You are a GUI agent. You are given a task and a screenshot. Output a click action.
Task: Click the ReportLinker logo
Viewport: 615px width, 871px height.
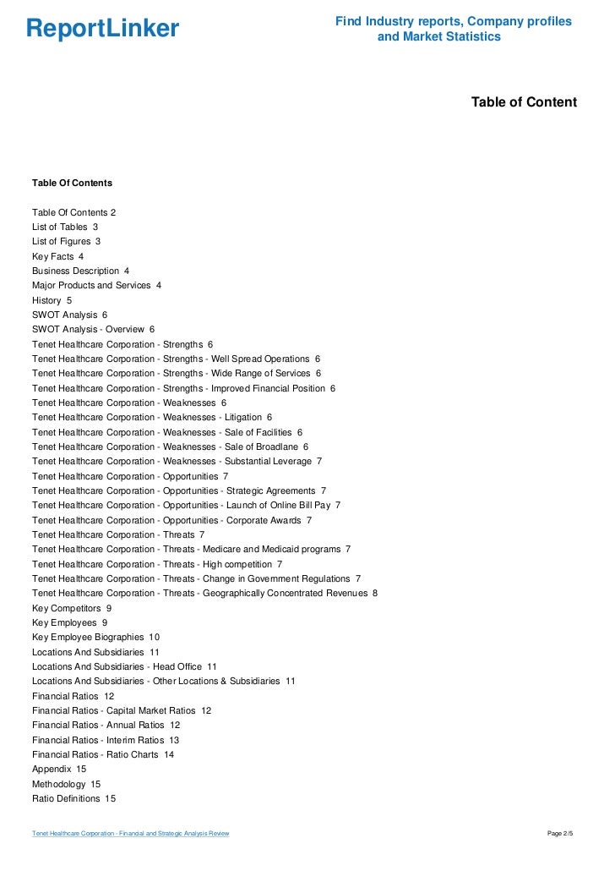pyautogui.click(x=102, y=29)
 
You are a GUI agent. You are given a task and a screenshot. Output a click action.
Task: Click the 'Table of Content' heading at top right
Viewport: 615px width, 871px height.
pyautogui.click(x=524, y=102)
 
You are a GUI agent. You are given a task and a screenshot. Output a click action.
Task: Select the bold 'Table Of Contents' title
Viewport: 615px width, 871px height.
pyautogui.click(x=72, y=183)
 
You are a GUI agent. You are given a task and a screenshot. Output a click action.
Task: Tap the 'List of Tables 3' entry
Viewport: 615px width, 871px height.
pyautogui.click(x=65, y=227)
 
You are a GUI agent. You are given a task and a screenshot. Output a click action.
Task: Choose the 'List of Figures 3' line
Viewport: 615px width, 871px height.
pyautogui.click(x=67, y=241)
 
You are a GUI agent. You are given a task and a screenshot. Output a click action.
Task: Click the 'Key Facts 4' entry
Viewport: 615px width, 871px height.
pyautogui.click(x=57, y=256)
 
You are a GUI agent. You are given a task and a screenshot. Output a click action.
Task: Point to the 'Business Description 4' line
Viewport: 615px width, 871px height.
pyautogui.click(x=80, y=271)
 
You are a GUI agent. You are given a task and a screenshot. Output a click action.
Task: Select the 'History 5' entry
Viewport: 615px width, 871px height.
pyautogui.click(x=52, y=300)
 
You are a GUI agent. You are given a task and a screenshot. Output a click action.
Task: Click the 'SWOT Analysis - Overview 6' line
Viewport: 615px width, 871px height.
pyautogui.click(x=93, y=329)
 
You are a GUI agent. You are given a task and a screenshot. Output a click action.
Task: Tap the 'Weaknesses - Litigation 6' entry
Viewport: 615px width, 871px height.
pyautogui.click(x=152, y=417)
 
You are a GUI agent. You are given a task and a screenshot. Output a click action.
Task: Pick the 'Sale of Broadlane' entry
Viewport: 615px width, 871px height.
pyautogui.click(x=170, y=446)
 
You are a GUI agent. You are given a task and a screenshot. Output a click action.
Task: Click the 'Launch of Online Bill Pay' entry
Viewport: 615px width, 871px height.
pyautogui.click(x=186, y=505)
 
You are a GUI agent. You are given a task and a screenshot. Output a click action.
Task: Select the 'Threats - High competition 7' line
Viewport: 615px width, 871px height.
pyautogui.click(x=157, y=564)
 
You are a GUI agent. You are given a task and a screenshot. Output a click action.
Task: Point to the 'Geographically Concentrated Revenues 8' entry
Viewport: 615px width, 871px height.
pyautogui.click(x=204, y=593)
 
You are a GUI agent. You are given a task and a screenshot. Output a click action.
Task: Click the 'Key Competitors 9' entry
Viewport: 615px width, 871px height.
pyautogui.click(x=71, y=608)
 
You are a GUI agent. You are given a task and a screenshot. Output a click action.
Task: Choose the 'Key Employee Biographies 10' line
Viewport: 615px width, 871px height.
pyautogui.click(x=95, y=637)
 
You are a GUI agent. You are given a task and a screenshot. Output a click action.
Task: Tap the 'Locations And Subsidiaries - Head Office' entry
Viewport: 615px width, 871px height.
pyautogui.click(x=124, y=666)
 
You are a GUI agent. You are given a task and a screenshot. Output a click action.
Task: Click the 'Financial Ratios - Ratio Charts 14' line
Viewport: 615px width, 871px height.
pyautogui.click(x=103, y=754)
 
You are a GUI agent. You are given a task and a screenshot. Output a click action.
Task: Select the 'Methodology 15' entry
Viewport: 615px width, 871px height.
pyautogui.click(x=66, y=784)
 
